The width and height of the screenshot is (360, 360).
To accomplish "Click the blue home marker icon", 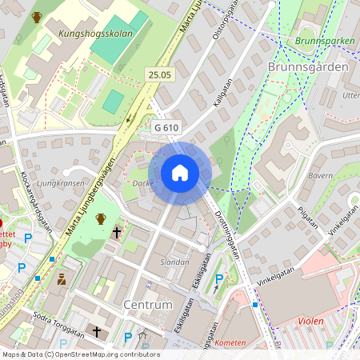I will click(x=180, y=172).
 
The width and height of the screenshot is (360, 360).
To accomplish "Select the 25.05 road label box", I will click(x=159, y=74).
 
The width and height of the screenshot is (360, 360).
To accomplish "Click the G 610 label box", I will click(x=167, y=127).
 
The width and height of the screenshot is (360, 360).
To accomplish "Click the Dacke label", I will click(x=142, y=183).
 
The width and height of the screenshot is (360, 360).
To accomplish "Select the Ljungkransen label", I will click(x=62, y=182).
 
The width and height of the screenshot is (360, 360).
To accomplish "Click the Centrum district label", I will click(x=148, y=305).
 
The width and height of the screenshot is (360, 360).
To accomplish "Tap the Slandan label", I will click(x=175, y=262).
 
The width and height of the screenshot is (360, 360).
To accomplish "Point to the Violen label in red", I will click(x=310, y=321).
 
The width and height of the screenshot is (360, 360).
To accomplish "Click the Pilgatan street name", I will click(x=306, y=217).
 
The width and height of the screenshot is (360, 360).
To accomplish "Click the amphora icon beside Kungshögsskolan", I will click(x=36, y=17).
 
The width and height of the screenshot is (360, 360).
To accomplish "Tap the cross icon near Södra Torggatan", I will click(x=97, y=330).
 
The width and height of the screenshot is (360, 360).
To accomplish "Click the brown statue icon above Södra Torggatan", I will click(x=61, y=280).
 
